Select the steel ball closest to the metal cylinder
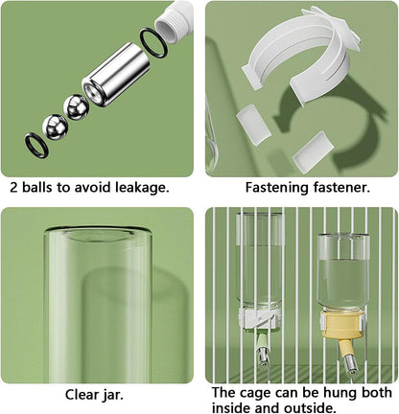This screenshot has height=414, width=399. point(77,107)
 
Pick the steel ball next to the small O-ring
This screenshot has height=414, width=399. point(55,126)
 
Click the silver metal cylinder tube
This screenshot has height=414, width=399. point(116,75)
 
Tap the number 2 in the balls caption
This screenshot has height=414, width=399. point(13,188)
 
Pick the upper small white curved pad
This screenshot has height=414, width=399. point(254,121)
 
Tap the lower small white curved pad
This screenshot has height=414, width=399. point(314,151)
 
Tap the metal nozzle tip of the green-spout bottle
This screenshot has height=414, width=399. point(263,357)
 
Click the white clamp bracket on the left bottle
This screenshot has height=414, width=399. point(260,318)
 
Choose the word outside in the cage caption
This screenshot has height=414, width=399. point(304,408)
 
